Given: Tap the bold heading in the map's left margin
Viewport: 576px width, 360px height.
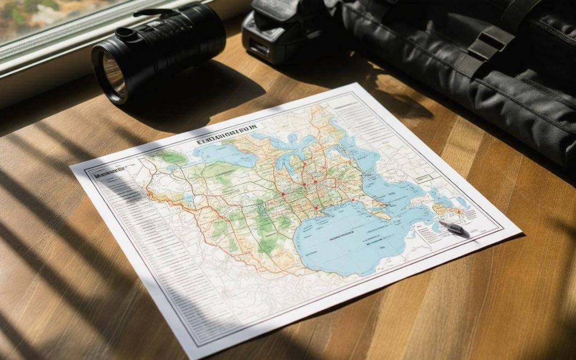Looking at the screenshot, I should [x=106, y=172].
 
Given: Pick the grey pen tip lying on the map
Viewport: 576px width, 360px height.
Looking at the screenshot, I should [x=454, y=228].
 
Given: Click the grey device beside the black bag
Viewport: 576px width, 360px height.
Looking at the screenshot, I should [x=267, y=32].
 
